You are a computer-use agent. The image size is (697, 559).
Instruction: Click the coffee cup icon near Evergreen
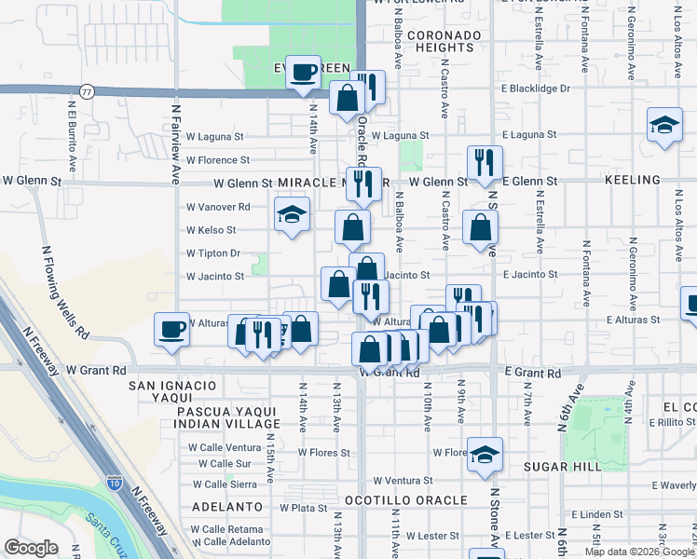coord(304,73)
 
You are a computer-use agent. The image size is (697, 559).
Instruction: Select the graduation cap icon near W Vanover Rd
coord(292,216)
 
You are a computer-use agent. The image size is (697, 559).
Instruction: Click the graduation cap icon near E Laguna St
coord(665,126)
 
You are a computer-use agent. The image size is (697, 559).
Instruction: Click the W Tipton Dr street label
coord(213,252)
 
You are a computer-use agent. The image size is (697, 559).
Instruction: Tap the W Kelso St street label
coord(212,229)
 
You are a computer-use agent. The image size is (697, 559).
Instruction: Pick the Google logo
coord(32,548)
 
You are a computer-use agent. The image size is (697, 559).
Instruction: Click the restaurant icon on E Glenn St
coord(485,161)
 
